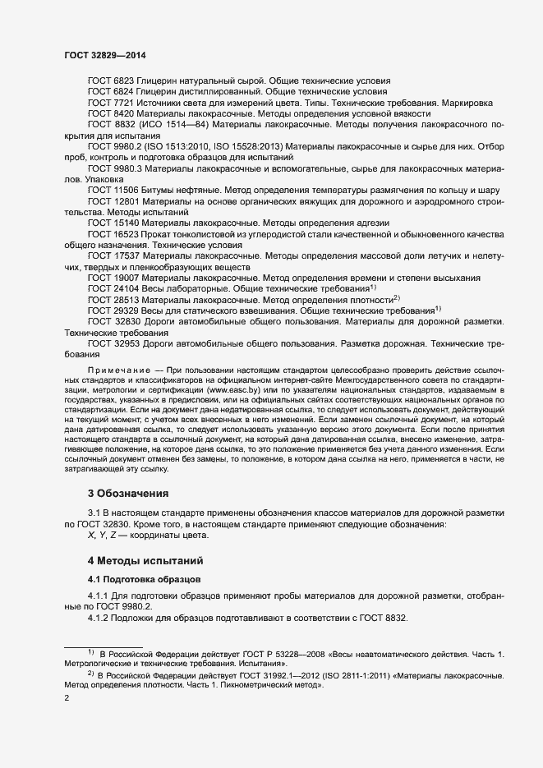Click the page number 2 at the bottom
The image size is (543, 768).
point(67,698)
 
